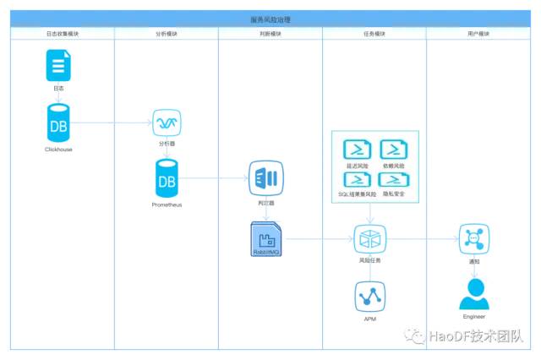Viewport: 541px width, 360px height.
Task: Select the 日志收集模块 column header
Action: pos(63,33)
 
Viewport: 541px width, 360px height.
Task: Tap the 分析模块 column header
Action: pos(167,33)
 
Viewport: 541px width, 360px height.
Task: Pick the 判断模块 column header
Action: pos(270,33)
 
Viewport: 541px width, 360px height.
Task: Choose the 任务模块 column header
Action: pos(374,33)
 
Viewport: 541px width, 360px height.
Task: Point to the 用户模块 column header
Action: pos(478,33)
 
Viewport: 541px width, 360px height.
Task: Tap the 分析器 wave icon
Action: pos(166,123)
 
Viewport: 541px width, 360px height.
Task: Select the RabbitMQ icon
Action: pos(265,239)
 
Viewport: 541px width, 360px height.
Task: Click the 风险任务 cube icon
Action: pos(369,240)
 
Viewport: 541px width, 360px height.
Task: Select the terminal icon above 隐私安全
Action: pos(394,179)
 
